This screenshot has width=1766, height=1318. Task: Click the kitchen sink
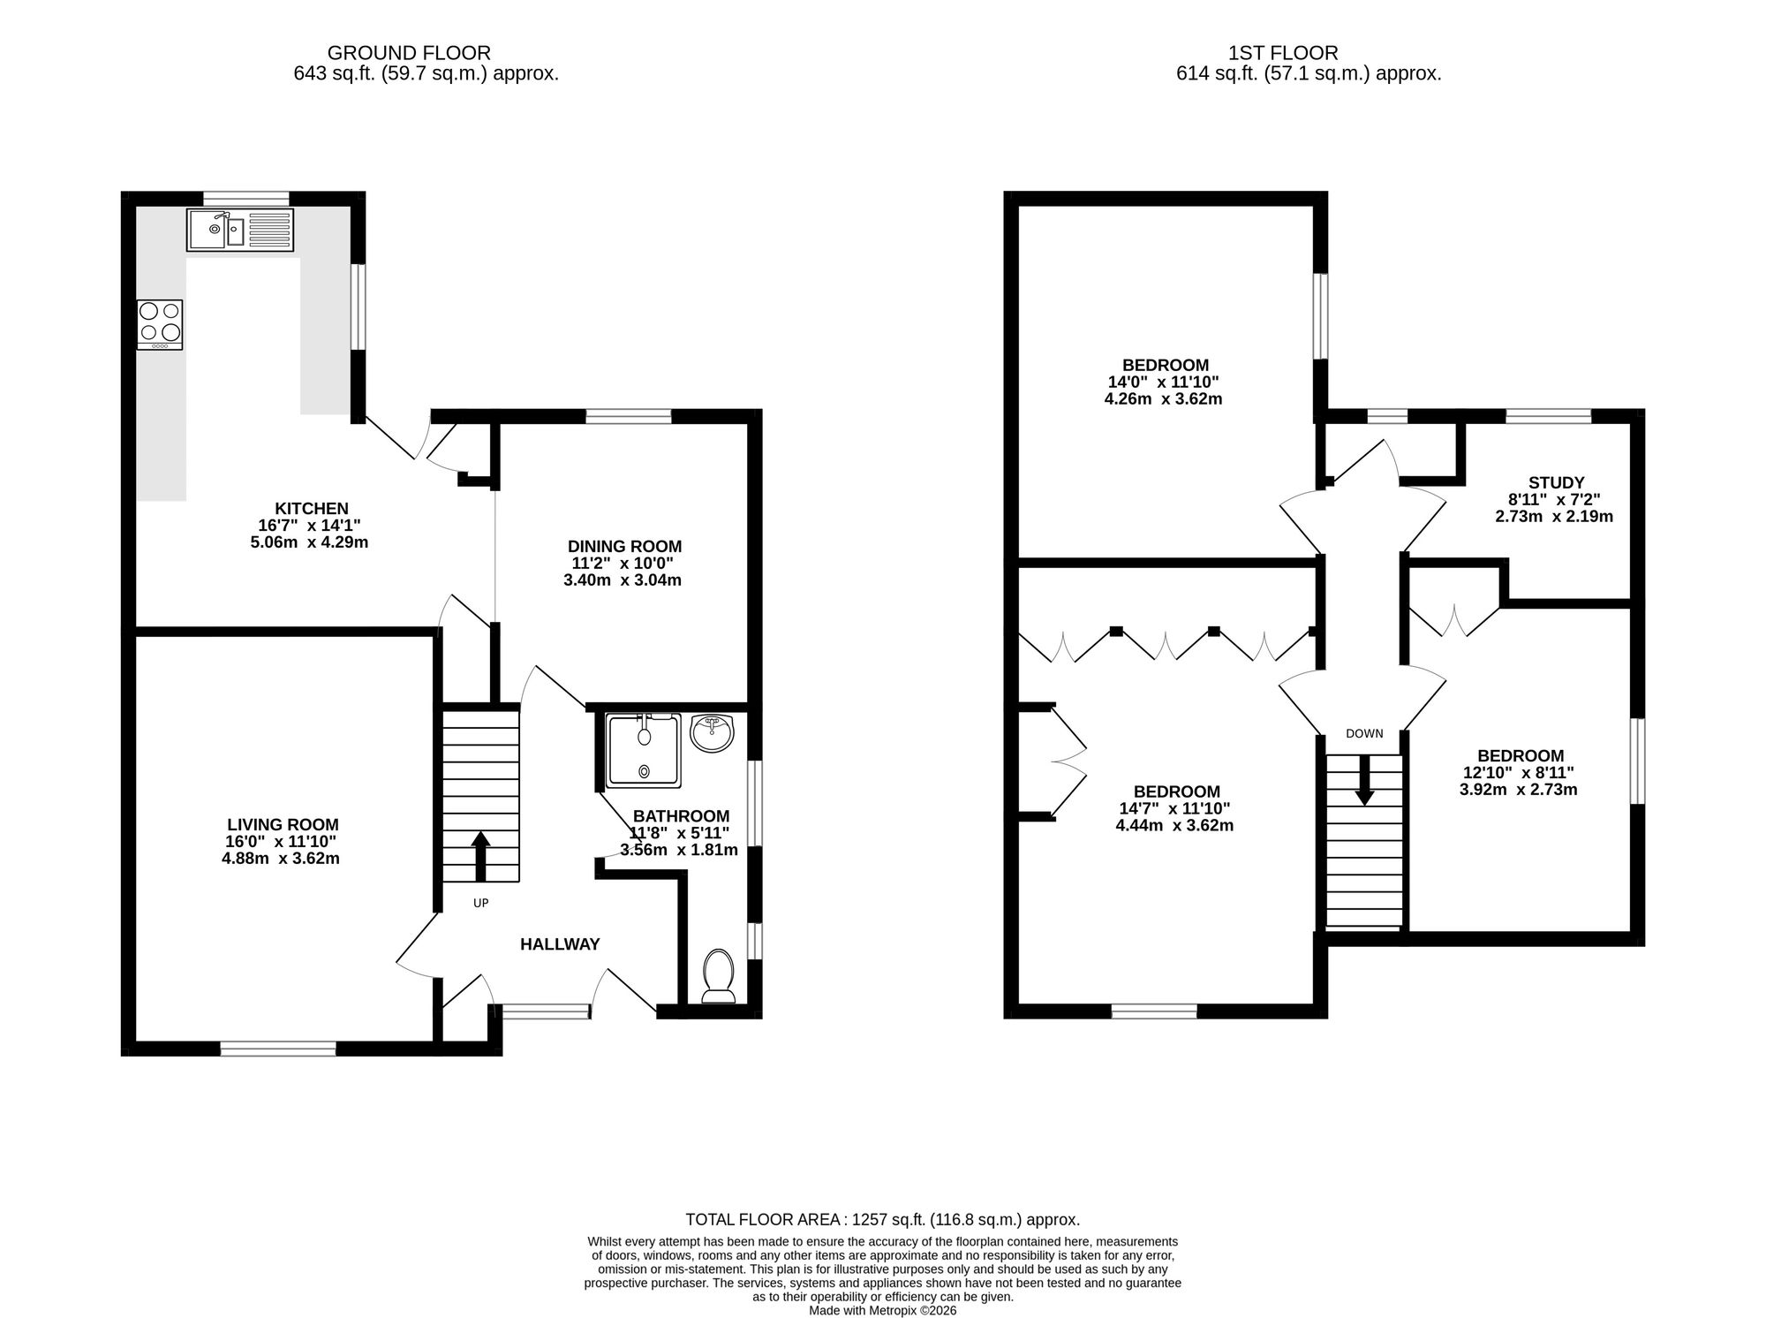coord(239,231)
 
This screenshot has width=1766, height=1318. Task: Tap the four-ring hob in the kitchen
coord(160,325)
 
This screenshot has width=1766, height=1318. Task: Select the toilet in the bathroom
coord(718,977)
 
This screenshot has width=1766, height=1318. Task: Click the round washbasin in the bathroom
coord(712,733)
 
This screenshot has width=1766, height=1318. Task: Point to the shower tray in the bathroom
coord(644,750)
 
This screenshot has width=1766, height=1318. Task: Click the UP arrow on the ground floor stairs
coord(480,856)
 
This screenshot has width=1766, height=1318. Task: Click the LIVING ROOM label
coord(283,825)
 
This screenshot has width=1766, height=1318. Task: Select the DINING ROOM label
coord(624,547)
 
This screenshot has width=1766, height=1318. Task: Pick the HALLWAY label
coord(560,944)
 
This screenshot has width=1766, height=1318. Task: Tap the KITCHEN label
coord(312,509)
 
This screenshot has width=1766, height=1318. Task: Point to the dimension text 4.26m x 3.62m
coord(1163,398)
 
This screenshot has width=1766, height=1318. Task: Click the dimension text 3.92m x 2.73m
coord(1519,790)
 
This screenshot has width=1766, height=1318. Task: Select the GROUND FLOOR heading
coord(409,53)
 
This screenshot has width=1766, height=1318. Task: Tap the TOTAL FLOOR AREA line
coord(883,1220)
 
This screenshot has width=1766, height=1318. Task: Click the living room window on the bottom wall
coord(278,1049)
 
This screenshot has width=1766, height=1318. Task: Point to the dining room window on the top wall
coord(629,416)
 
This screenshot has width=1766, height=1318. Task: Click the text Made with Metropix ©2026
coord(883,1311)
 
